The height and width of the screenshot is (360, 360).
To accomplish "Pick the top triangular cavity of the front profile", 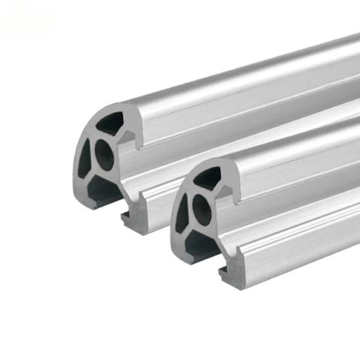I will point(208,178).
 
